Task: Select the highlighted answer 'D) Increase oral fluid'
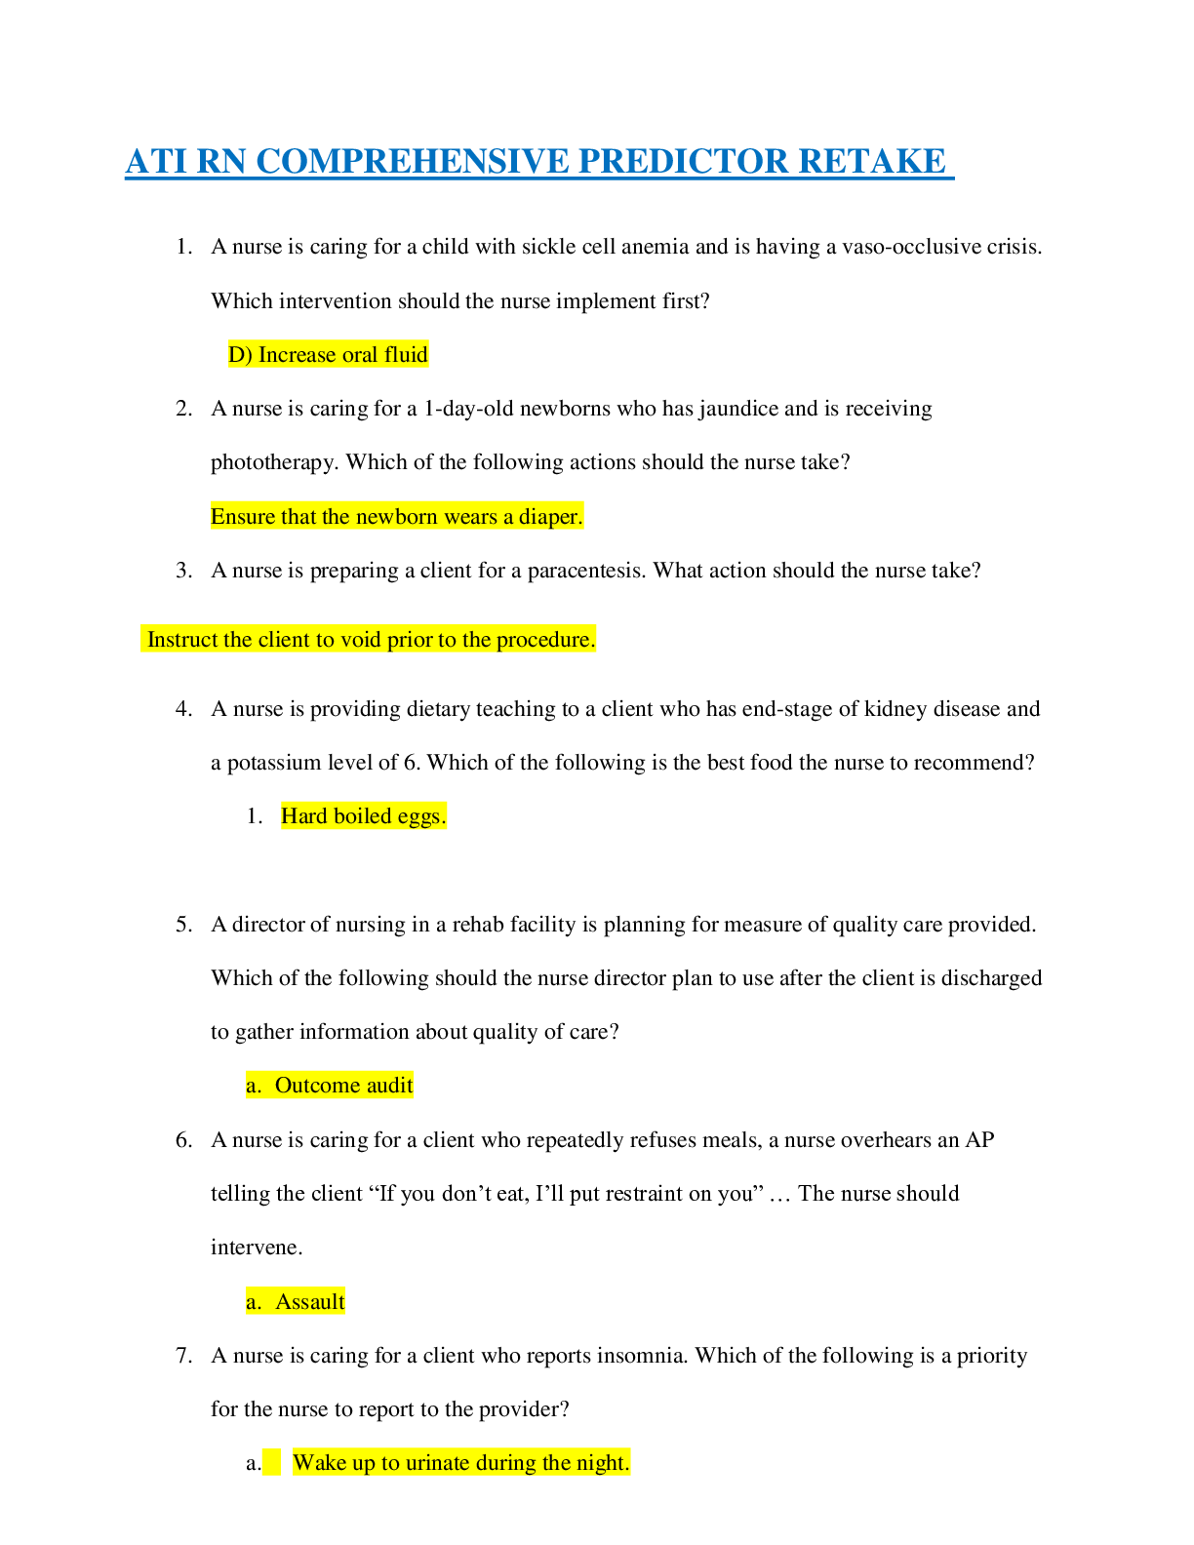[328, 355]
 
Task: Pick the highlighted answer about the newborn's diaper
[396, 517]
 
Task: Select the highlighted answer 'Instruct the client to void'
[370, 640]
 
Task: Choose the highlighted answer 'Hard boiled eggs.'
[363, 816]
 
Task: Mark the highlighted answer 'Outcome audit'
[343, 1086]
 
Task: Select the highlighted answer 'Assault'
[309, 1302]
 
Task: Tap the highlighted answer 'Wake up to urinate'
[460, 1463]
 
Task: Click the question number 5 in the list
[183, 925]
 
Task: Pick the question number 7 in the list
[183, 1356]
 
